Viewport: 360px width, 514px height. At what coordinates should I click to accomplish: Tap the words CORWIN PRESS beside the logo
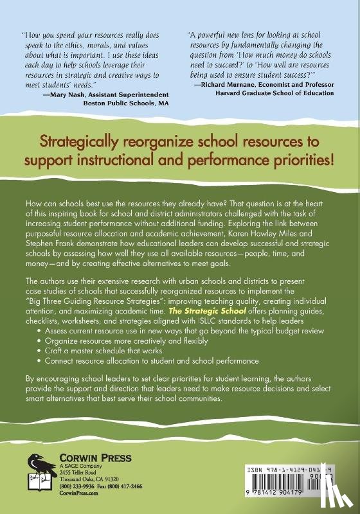tap(87, 458)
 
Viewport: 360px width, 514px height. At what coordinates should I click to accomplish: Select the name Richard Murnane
tap(230, 84)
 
